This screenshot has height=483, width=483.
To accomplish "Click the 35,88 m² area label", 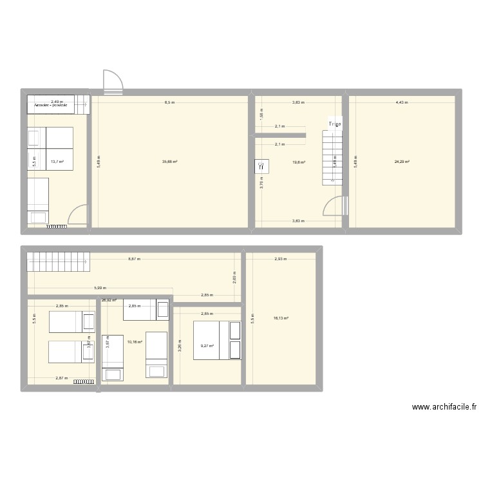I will [x=171, y=162].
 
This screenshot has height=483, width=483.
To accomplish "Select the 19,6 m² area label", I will [x=299, y=162].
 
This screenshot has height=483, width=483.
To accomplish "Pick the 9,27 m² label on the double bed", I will [x=207, y=346].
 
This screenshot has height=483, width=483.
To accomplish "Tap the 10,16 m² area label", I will [x=135, y=342].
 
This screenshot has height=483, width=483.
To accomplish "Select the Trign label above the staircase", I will [x=335, y=124].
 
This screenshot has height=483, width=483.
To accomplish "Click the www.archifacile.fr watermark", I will [x=444, y=407].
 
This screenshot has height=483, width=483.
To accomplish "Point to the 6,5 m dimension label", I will [x=169, y=102].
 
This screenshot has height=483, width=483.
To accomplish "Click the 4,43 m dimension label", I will [x=401, y=102].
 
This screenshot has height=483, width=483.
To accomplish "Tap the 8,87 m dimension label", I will [x=134, y=259].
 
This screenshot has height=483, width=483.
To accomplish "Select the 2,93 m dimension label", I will [x=280, y=259].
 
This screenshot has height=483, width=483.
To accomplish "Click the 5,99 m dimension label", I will [x=99, y=289].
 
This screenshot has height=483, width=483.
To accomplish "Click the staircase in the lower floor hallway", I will [x=58, y=261].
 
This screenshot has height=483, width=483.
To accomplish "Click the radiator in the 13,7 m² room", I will [x=57, y=227].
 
